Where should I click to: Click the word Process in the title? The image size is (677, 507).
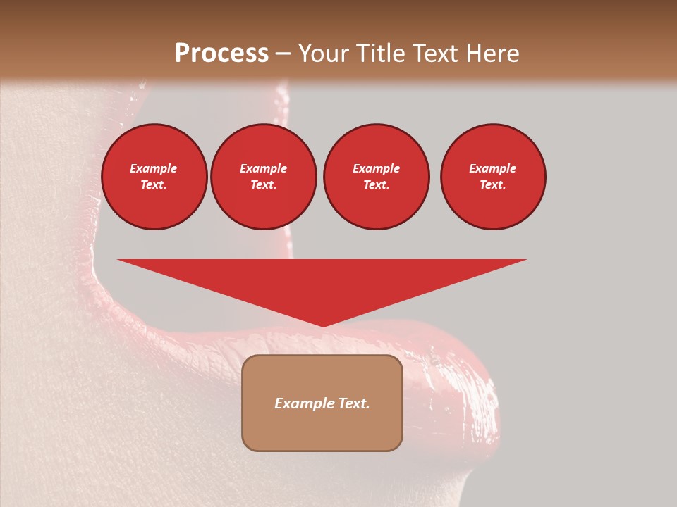point(221,54)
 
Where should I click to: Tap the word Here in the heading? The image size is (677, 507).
point(492,54)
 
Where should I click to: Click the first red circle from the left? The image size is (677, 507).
point(154,177)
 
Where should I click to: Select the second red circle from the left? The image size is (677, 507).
point(264,177)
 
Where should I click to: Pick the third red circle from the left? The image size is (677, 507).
point(376,177)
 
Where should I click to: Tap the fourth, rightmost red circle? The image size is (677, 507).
point(493,177)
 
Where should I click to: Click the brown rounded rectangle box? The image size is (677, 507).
point(322,403)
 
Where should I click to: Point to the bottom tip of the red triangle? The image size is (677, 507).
point(323,325)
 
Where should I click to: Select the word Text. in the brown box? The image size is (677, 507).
point(353,403)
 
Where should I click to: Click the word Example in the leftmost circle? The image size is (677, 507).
point(154,168)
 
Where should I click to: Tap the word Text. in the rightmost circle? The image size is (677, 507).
point(493,184)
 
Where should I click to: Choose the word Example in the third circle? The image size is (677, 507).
point(376,168)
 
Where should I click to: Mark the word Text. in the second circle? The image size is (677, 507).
point(264,184)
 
